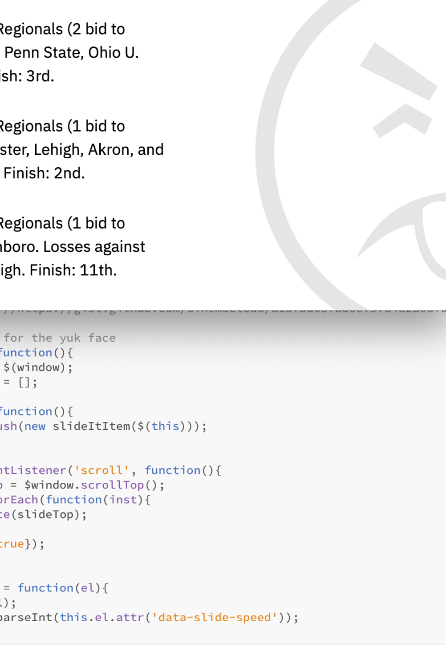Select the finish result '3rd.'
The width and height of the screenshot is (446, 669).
pyautogui.click(x=40, y=76)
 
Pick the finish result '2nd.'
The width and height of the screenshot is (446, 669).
pyautogui.click(x=69, y=173)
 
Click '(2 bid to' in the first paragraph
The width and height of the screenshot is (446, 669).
pyautogui.click(x=96, y=29)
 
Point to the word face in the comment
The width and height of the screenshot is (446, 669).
pyautogui.click(x=101, y=338)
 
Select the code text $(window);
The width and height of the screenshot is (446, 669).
pyautogui.click(x=38, y=367)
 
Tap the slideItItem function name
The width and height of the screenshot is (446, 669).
pyautogui.click(x=89, y=426)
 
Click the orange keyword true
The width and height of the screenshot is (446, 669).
pyautogui.click(x=11, y=544)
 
